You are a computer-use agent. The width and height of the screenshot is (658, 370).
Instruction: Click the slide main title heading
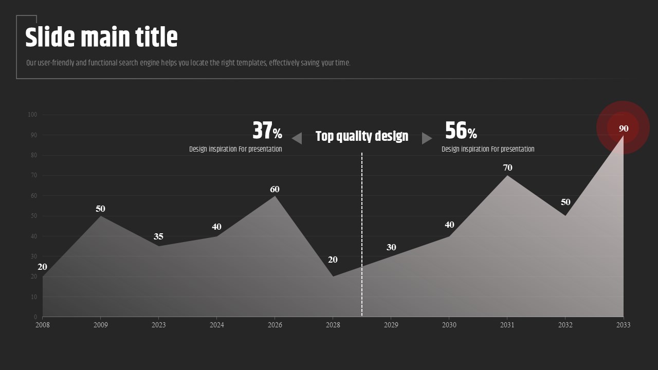[101, 38]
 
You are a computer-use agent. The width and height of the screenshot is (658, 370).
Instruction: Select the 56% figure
[461, 131]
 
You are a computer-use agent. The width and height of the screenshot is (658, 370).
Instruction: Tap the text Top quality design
[362, 136]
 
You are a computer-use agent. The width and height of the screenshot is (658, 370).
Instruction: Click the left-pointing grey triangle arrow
[297, 138]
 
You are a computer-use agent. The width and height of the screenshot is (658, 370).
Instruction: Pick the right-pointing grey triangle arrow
[427, 138]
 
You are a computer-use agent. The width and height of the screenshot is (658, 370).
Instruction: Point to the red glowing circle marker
[623, 127]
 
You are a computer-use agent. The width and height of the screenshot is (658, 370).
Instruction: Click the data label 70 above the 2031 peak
[507, 168]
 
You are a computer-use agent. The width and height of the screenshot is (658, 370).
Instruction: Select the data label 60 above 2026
[275, 189]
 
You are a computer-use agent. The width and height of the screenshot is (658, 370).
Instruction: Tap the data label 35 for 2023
[158, 236]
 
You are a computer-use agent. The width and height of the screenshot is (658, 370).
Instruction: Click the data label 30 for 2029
[391, 247]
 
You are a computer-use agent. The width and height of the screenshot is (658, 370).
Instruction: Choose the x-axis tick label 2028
[333, 325]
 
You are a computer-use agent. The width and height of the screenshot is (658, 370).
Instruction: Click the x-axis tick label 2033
[623, 325]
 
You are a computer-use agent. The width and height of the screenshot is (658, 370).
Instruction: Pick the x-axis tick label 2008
[43, 325]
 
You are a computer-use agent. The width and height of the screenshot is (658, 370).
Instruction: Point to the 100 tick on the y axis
[32, 115]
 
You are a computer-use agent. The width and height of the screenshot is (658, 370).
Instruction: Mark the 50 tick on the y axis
[33, 216]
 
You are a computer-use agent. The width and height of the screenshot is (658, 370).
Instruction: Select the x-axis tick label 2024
[216, 325]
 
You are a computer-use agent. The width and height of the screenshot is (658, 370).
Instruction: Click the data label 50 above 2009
[100, 209]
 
